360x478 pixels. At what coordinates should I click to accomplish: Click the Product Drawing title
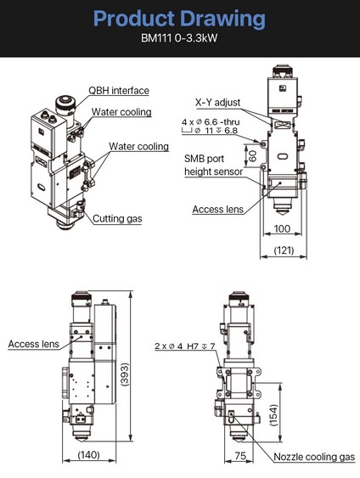click(x=179, y=20)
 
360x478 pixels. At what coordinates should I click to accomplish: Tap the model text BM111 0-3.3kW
click(x=179, y=38)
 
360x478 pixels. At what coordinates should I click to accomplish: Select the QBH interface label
click(x=119, y=91)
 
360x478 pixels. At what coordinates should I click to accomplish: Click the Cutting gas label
click(x=117, y=218)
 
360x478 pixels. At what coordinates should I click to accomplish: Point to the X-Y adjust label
click(x=217, y=103)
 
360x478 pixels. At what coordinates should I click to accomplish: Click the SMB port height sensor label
click(x=213, y=165)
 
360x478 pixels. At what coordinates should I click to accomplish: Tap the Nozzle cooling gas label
click(x=314, y=457)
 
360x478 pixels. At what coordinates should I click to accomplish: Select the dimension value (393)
click(x=125, y=374)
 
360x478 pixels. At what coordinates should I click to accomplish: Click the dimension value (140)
click(x=88, y=455)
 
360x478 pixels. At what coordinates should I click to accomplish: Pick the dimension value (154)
click(x=274, y=415)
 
